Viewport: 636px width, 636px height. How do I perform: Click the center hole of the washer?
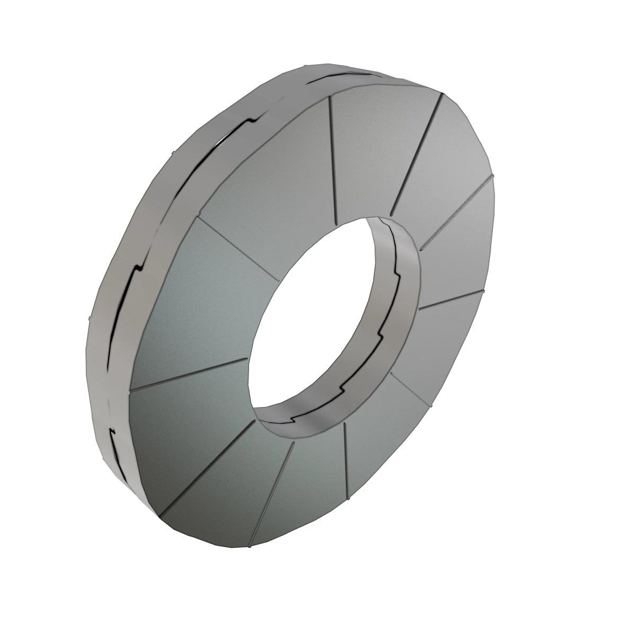318,318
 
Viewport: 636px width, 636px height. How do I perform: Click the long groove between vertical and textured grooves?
416,154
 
